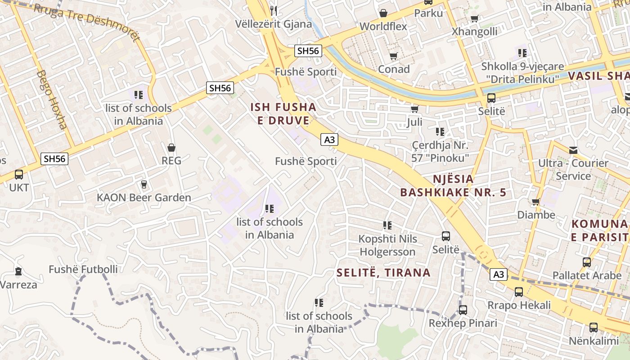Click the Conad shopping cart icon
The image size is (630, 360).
(393, 56)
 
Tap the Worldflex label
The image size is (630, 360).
(383, 27)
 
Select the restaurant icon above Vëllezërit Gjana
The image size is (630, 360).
(274, 10)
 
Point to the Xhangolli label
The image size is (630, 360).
(474, 31)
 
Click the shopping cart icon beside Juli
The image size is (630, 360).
(414, 109)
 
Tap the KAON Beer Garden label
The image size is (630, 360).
(144, 198)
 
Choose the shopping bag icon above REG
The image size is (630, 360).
(171, 148)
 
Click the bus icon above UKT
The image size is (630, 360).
(19, 175)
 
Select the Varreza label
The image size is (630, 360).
(18, 285)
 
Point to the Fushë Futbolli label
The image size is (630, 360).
(83, 270)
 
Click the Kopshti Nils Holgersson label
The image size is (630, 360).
(387, 245)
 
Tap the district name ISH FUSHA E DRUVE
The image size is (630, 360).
(283, 114)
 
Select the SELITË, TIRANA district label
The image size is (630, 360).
(383, 273)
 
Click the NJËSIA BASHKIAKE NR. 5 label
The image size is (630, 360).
(453, 186)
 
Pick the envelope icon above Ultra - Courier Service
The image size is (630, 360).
(573, 150)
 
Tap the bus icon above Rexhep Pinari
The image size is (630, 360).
(463, 310)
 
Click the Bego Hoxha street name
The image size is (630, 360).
(52, 99)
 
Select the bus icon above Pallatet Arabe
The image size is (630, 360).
(586, 262)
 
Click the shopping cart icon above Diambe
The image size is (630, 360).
(535, 202)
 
